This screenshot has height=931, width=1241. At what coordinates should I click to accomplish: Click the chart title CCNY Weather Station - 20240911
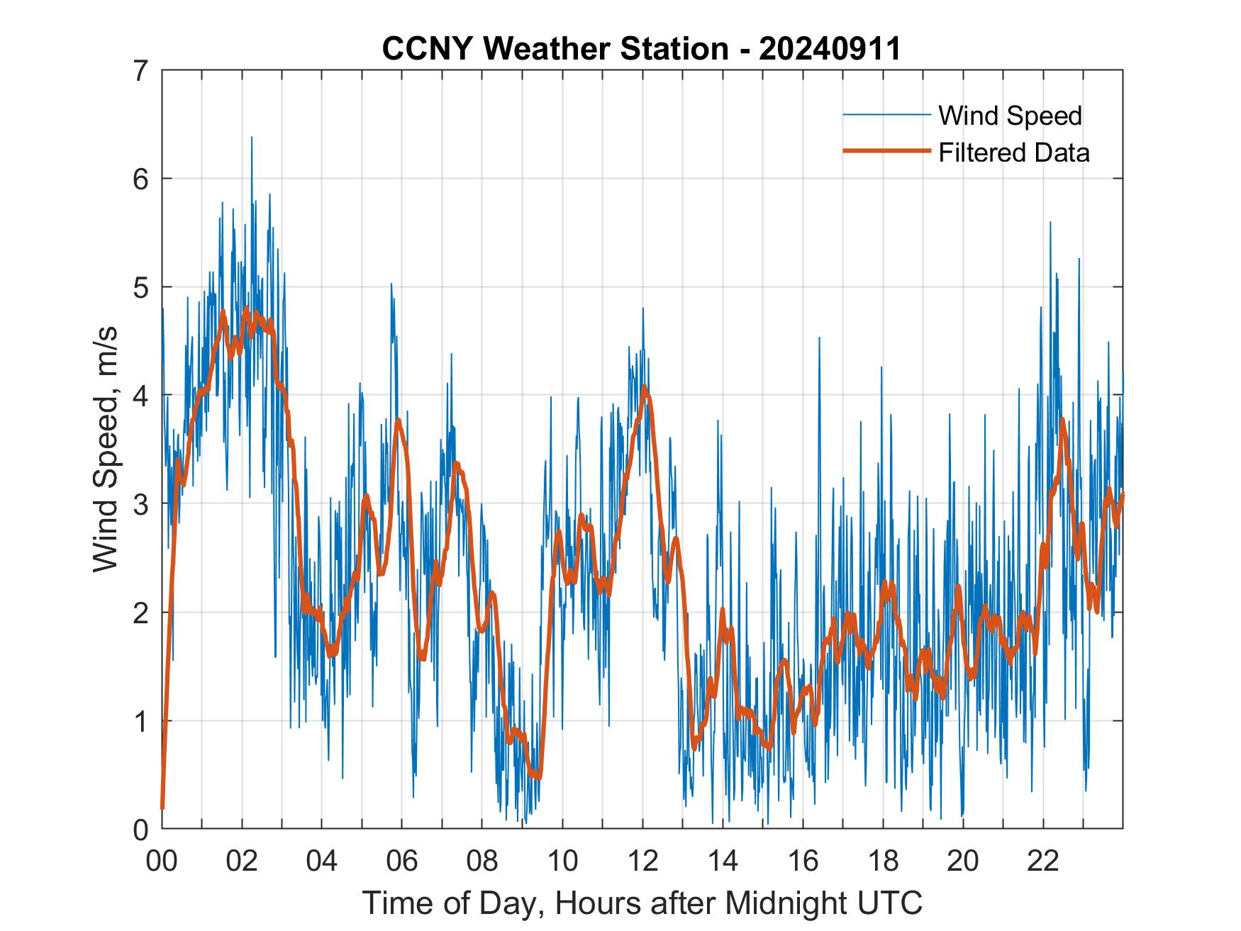(641, 49)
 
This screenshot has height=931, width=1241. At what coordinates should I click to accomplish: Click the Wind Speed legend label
(1010, 116)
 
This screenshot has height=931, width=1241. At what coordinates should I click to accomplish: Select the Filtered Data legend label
(1013, 152)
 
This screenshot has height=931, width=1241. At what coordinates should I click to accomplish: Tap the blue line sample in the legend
(886, 115)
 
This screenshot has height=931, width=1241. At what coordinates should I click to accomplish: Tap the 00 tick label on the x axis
(162, 861)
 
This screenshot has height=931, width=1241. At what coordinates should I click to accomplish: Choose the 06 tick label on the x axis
(402, 861)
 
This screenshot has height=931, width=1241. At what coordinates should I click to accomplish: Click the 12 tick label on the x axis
(642, 861)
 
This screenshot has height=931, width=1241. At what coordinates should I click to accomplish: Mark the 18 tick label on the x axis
(883, 861)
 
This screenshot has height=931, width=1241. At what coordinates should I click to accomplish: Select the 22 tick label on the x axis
(1043, 861)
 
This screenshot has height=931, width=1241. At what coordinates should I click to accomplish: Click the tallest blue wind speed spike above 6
(251, 138)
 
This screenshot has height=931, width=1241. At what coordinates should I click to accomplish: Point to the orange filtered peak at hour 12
(644, 387)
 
